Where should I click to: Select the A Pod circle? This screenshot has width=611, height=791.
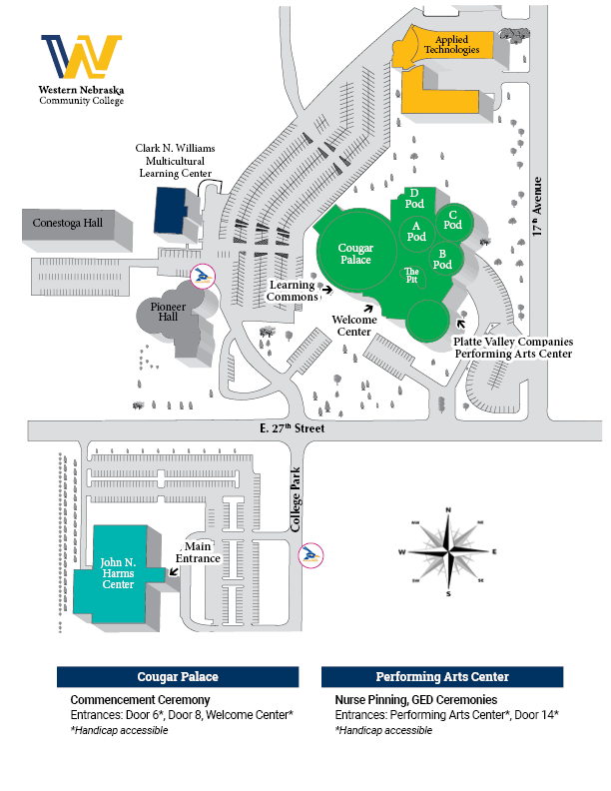416,232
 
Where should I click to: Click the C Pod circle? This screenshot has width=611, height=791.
452,220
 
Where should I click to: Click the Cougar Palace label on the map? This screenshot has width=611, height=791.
355,254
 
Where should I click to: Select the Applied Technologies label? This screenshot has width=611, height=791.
451,44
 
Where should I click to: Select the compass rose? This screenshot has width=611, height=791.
449,551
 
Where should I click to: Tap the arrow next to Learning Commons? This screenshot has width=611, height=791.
326,291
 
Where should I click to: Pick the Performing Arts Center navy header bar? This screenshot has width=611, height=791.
442,676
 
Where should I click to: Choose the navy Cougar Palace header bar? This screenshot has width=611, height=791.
178,676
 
